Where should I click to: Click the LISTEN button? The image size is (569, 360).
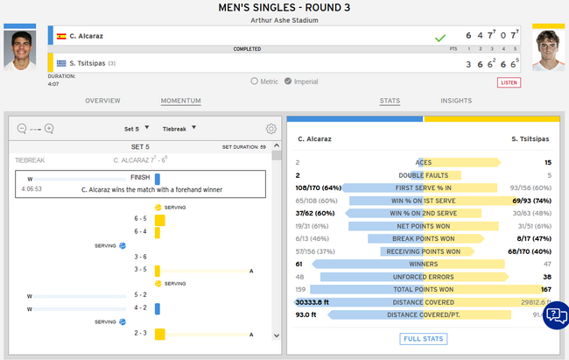tap(509, 82)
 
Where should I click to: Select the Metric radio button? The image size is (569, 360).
tap(255, 81)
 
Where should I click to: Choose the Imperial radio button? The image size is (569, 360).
tap(288, 81)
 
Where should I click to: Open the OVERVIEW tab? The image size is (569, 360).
tap(102, 101)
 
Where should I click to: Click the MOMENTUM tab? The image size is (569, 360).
tap(181, 101)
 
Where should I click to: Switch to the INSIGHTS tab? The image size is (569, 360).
tap(456, 101)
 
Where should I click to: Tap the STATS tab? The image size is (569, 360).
tap(390, 101)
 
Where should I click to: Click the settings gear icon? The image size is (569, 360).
tap(271, 129)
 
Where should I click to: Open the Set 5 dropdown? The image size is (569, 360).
tap(137, 128)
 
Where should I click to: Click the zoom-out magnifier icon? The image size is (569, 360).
tap(22, 129)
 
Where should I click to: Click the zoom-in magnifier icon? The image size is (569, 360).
tap(49, 129)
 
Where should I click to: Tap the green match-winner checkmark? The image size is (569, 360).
tap(440, 37)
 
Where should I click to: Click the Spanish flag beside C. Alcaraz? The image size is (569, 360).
tap(61, 37)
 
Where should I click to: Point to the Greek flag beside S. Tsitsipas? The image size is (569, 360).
tap(61, 63)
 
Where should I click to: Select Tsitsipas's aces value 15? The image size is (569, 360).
tap(547, 162)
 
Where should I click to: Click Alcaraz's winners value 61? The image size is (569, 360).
tap(299, 264)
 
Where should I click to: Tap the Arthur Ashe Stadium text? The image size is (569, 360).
tap(284, 19)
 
